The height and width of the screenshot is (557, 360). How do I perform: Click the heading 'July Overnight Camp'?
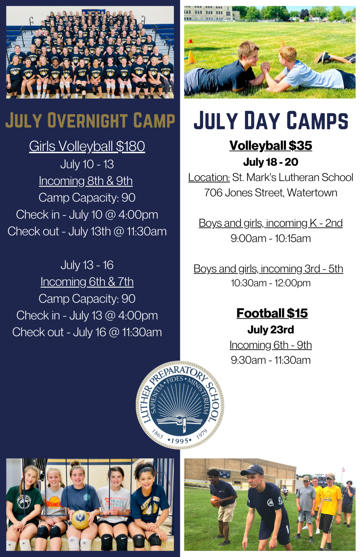click(90, 120)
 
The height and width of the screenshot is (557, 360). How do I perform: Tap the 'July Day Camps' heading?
click(271, 120)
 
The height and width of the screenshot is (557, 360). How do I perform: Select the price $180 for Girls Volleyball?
click(130, 146)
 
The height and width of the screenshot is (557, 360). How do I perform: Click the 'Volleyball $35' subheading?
click(271, 145)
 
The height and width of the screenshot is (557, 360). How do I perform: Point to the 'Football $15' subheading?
click(272, 313)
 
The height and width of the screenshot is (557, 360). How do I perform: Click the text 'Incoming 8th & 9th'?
click(86, 181)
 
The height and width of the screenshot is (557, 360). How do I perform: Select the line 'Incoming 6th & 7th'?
click(87, 281)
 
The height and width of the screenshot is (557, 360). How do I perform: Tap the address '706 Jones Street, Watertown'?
click(271, 193)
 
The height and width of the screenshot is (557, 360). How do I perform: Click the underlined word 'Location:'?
click(209, 177)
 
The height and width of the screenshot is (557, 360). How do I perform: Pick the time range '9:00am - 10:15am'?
click(271, 238)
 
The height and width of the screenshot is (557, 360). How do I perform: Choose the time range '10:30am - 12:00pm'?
click(271, 283)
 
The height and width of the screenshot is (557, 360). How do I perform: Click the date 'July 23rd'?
click(271, 330)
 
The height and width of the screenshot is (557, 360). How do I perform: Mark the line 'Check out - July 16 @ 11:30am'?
click(87, 332)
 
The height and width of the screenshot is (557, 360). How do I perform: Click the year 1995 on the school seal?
click(180, 441)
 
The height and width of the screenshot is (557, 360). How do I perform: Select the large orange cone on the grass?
click(191, 57)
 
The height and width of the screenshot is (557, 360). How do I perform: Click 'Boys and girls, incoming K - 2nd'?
click(271, 223)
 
